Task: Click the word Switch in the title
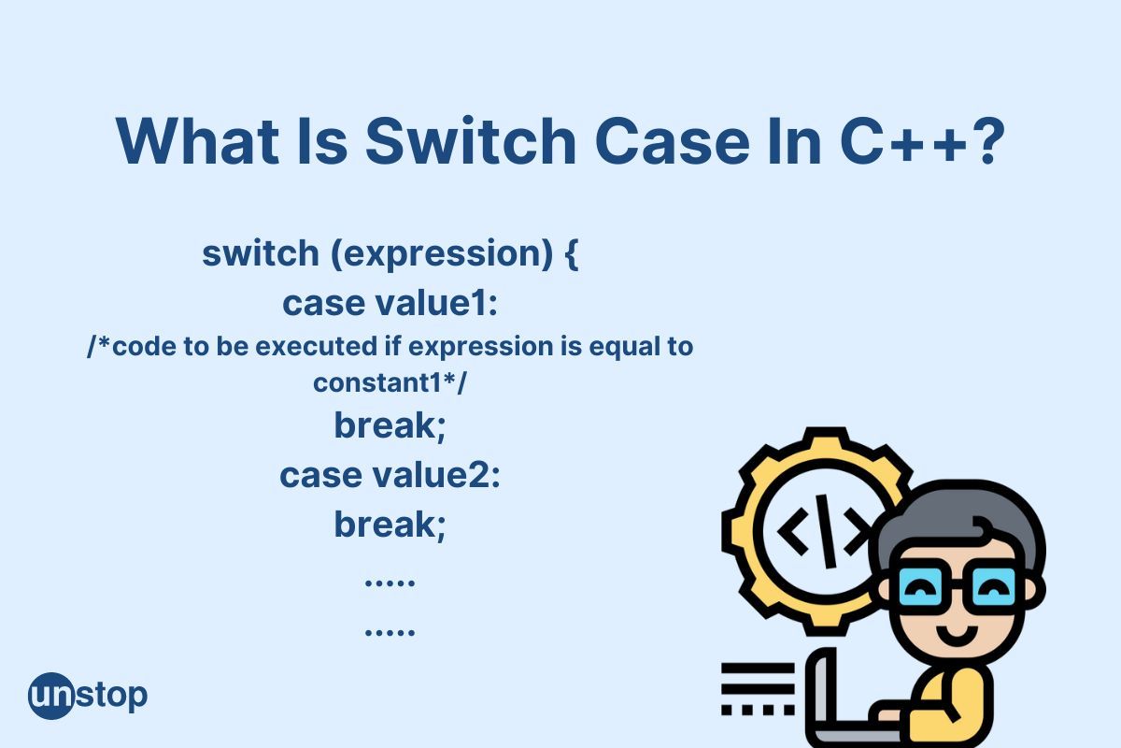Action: coord(471,140)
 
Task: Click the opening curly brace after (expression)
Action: coord(572,254)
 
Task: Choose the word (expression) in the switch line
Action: coord(442,254)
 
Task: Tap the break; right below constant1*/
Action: coord(390,425)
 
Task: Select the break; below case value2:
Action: coord(390,525)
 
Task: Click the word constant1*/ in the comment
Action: coord(390,383)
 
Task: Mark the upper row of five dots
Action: coord(390,583)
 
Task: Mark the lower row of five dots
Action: coord(390,632)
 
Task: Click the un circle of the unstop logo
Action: coord(51,696)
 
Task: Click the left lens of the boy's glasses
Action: coord(920,587)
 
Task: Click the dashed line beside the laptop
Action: coord(758,710)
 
